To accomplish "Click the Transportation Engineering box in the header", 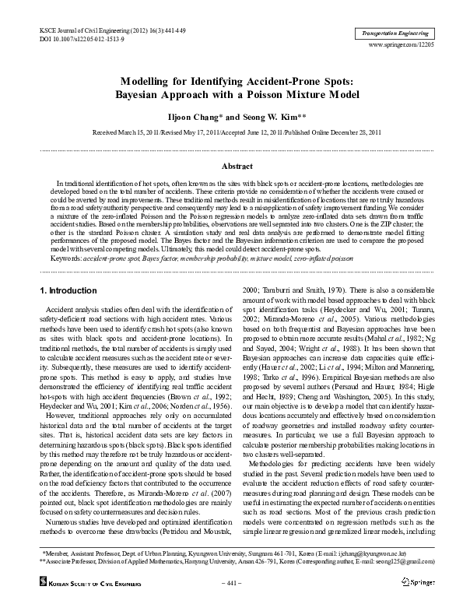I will (x=395, y=34).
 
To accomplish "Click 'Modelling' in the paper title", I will (x=149, y=81).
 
